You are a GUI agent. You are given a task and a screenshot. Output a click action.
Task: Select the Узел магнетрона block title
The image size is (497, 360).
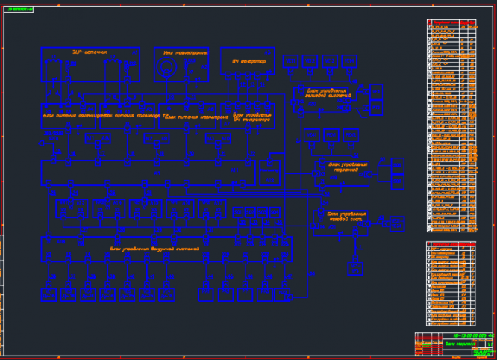click(179, 52)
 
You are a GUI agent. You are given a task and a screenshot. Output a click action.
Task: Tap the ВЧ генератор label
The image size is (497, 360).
click(243, 59)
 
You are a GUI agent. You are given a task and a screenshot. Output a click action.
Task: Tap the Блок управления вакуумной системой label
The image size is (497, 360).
click(154, 249)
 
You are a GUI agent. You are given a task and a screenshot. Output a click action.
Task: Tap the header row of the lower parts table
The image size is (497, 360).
click(450, 244)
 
